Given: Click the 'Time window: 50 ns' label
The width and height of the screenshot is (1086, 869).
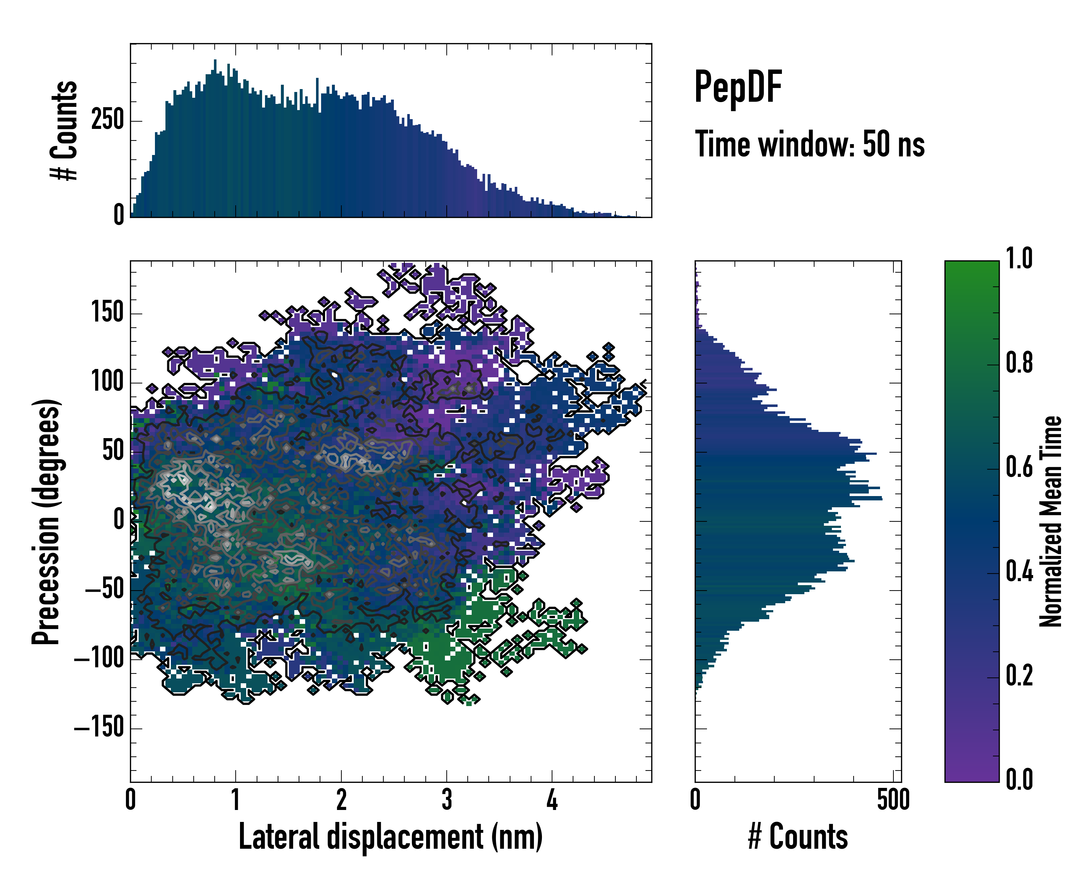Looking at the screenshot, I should pyautogui.click(x=809, y=144).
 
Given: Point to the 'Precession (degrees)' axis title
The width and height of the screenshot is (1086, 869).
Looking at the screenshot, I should pyautogui.click(x=46, y=521).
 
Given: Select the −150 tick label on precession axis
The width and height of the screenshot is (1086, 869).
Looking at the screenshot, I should pyautogui.click(x=99, y=727).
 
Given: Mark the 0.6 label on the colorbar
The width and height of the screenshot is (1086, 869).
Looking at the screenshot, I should pyautogui.click(x=1019, y=467).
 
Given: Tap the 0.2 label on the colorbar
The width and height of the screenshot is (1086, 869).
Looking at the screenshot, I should pyautogui.click(x=1019, y=676).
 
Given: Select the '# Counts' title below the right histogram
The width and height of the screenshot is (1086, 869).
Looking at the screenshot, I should pyautogui.click(x=798, y=837).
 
